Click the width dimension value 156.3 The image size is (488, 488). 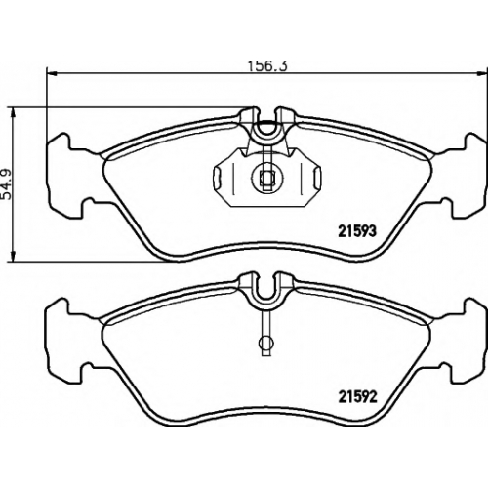point(268,66)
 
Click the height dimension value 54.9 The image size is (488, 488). point(7,183)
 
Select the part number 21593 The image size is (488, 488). point(357,231)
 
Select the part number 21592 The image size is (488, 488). point(357,396)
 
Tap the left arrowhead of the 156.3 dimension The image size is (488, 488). point(52,74)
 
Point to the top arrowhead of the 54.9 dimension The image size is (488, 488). point(13,113)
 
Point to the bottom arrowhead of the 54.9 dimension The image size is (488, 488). point(13,256)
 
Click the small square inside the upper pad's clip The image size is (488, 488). point(266,178)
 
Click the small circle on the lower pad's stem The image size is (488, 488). point(265,343)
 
